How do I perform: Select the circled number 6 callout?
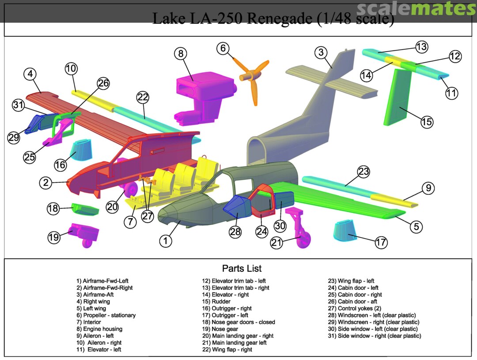click(223, 48)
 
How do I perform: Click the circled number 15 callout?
click(427, 121)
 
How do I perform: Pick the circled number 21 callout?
click(276, 243)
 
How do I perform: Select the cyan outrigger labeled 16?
click(82, 150)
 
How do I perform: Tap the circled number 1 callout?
click(165, 241)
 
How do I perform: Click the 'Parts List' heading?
click(242, 268)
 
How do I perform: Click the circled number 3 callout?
click(321, 53)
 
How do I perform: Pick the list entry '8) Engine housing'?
click(99, 329)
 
